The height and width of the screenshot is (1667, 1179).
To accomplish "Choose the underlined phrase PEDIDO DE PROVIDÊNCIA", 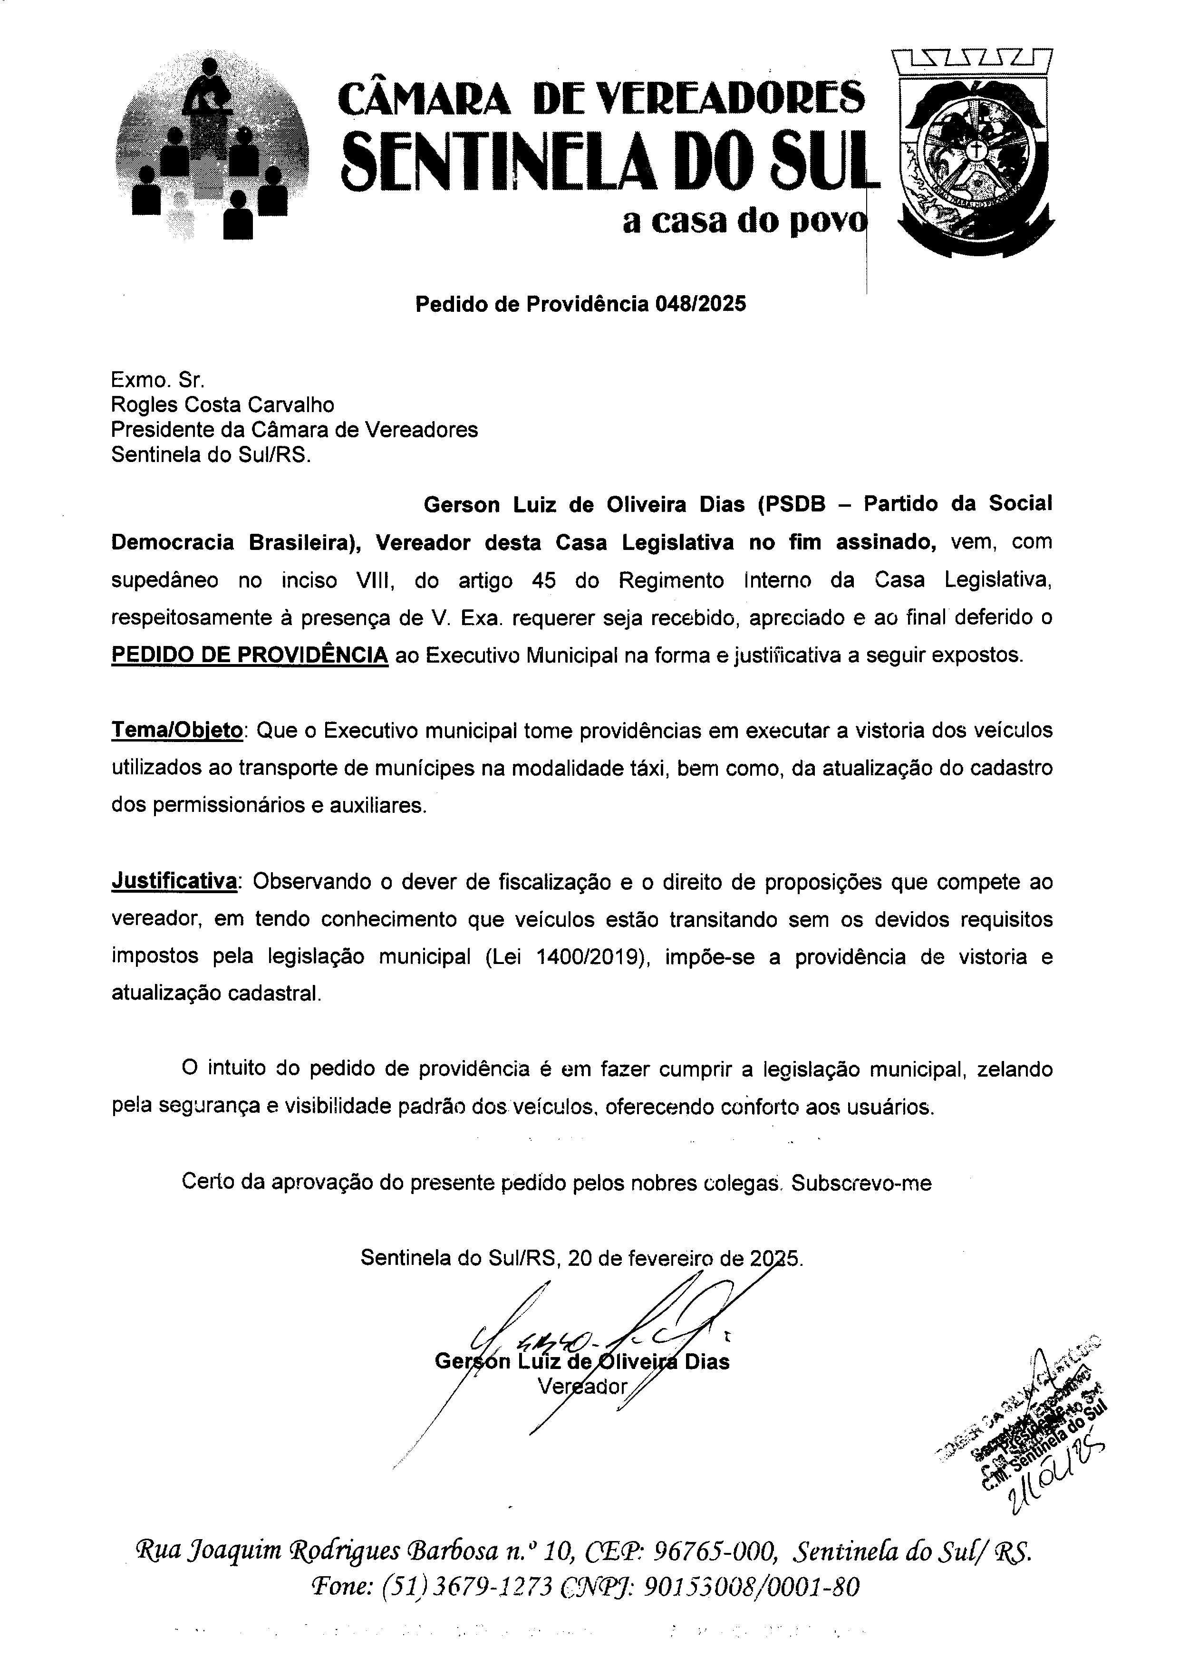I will click(250, 655).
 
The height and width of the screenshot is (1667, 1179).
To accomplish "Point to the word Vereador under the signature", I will click(582, 1386).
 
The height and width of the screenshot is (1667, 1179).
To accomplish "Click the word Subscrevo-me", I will click(861, 1183).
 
